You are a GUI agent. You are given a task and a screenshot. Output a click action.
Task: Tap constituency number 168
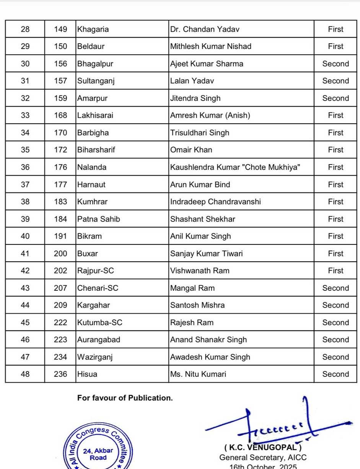60,115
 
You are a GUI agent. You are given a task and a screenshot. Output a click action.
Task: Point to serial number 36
25,167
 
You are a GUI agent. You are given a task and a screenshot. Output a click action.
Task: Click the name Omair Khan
191,150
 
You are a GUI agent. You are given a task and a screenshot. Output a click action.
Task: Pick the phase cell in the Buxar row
336,253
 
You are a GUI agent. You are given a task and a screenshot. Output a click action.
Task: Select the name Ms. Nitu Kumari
198,374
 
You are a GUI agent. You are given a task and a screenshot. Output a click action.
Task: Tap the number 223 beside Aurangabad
60,340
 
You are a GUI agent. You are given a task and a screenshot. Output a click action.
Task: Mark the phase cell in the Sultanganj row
336,81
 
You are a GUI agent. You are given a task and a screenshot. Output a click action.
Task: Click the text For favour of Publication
125,398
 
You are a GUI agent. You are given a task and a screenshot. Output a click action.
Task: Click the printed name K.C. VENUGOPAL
263,447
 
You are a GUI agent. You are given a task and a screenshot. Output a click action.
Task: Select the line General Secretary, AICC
263,457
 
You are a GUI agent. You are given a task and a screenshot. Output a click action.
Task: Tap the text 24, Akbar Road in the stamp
98,454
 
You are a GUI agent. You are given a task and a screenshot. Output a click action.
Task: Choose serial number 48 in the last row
25,374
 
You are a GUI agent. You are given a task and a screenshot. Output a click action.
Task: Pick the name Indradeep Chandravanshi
215,202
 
